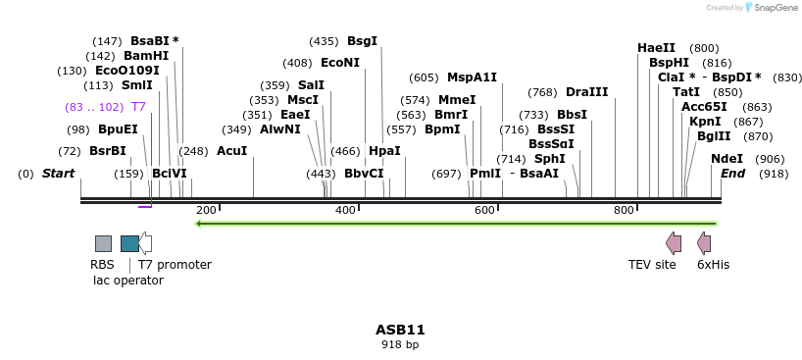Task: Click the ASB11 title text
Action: [400, 330]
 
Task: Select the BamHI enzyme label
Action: [146, 56]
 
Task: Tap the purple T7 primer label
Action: [138, 107]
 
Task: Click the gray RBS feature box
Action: [103, 243]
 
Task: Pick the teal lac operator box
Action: [129, 243]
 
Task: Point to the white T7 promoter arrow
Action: [145, 243]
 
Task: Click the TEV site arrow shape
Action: [673, 243]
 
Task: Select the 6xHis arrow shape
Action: [703, 243]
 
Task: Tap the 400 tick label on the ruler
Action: [345, 210]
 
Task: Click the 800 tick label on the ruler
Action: [624, 210]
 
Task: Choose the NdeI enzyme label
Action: [727, 159]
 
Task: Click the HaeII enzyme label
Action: [656, 48]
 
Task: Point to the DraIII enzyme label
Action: [586, 92]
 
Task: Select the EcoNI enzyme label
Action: [340, 63]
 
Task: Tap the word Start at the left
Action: [58, 174]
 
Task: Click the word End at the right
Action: [733, 174]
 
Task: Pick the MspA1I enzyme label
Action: [472, 77]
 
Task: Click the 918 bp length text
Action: [400, 344]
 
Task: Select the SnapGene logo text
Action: [771, 8]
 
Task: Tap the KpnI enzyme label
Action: [705, 122]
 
